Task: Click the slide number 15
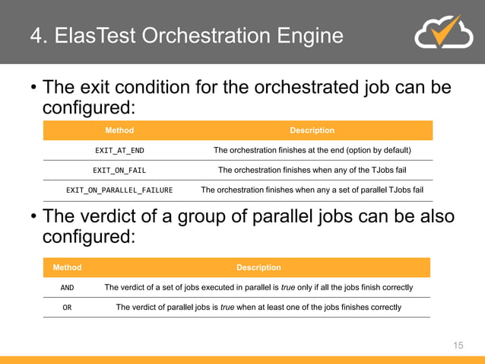(x=458, y=346)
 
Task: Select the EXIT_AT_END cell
(x=119, y=151)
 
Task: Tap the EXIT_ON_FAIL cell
(x=119, y=171)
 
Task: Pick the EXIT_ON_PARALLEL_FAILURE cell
(x=119, y=190)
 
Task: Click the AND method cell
(x=67, y=288)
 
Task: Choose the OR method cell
(x=67, y=308)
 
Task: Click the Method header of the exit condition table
(x=119, y=131)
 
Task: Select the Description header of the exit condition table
(x=312, y=131)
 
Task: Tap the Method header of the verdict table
(x=67, y=268)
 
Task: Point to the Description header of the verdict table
(x=258, y=268)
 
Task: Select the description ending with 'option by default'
(x=312, y=151)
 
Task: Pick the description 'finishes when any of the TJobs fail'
(x=312, y=171)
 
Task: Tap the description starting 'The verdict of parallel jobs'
(x=258, y=308)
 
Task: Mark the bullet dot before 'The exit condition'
(x=33, y=88)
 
